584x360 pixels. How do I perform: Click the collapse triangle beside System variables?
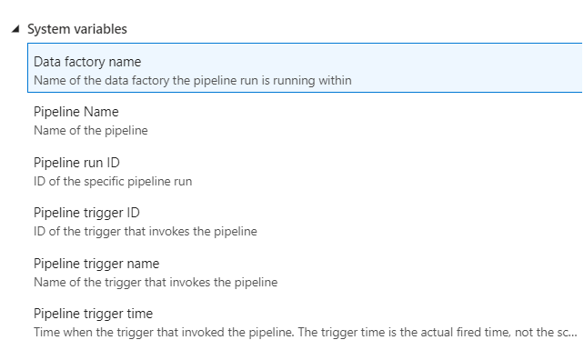tap(15, 29)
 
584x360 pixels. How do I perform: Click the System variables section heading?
tap(76, 29)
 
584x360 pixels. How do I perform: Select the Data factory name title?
tap(87, 62)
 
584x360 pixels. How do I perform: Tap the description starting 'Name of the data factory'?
tap(192, 80)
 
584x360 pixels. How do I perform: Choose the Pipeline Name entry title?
tap(76, 112)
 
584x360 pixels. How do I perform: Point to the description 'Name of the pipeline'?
tap(90, 130)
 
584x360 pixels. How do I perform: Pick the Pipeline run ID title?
tap(76, 163)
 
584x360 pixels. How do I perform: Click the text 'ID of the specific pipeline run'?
tap(113, 181)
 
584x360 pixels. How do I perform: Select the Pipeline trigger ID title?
tap(86, 213)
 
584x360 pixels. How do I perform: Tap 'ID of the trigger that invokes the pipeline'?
tap(146, 231)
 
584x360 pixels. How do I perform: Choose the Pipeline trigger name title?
tap(96, 264)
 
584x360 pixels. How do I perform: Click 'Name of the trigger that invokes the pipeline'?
tap(156, 282)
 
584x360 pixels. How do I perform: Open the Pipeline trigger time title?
tap(93, 314)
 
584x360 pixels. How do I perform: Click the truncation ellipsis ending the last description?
tap(572, 334)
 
